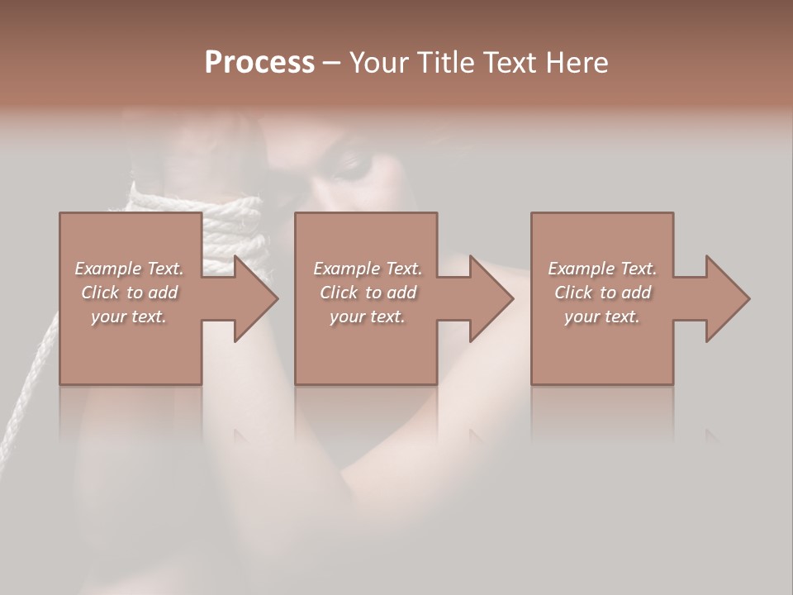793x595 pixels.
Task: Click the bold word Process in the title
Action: point(259,62)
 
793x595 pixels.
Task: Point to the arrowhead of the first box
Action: point(255,298)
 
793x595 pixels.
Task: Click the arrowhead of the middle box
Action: point(491,298)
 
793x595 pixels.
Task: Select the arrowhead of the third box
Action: point(727,298)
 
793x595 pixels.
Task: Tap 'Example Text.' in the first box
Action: point(130,269)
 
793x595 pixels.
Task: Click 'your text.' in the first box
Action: point(129,317)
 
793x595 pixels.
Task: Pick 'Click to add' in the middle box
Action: point(368,293)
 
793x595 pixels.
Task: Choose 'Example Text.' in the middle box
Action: point(368,269)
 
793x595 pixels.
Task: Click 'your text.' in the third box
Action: point(601,317)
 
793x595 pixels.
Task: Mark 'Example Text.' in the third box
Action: point(602,269)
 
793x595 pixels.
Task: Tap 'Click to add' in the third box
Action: point(602,293)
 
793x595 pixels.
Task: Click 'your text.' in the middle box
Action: point(367,317)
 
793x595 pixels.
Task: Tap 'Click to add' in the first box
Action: point(130,293)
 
